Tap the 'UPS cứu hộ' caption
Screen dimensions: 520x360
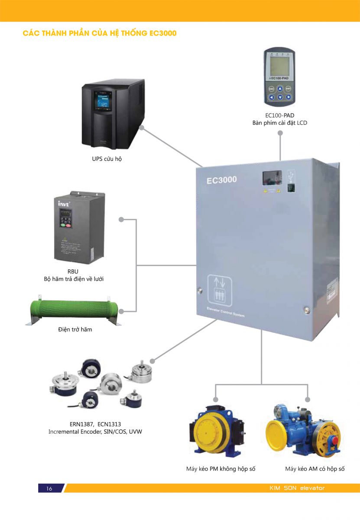pyautogui.click(x=107, y=159)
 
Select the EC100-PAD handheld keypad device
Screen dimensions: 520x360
pyautogui.click(x=280, y=78)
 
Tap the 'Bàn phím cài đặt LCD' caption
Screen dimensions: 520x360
pyautogui.click(x=280, y=123)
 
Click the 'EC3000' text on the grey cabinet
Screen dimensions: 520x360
pyautogui.click(x=221, y=179)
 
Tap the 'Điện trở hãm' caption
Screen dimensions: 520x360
pyautogui.click(x=75, y=330)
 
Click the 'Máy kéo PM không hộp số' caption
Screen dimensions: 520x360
pyautogui.click(x=217, y=469)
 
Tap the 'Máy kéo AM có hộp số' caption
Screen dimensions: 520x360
pyautogui.click(x=315, y=469)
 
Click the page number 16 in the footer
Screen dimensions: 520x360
pyautogui.click(x=49, y=488)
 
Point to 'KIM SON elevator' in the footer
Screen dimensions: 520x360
pyautogui.click(x=297, y=488)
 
